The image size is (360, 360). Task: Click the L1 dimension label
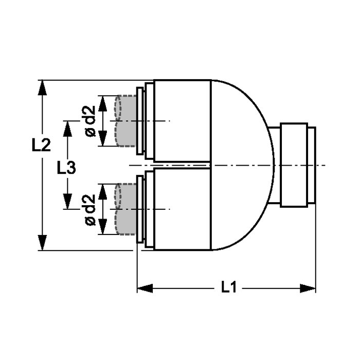[229, 287]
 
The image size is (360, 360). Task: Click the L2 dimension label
[41, 145]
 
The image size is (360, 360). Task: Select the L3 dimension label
[66, 167]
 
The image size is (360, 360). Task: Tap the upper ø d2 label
[90, 121]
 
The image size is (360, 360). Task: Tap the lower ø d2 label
[90, 209]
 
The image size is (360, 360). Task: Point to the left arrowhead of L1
[145, 289]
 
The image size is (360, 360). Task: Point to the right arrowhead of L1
[308, 289]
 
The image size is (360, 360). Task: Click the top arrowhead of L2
[42, 87]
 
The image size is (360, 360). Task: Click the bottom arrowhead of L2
[42, 243]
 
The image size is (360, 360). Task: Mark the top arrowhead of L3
[67, 129]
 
